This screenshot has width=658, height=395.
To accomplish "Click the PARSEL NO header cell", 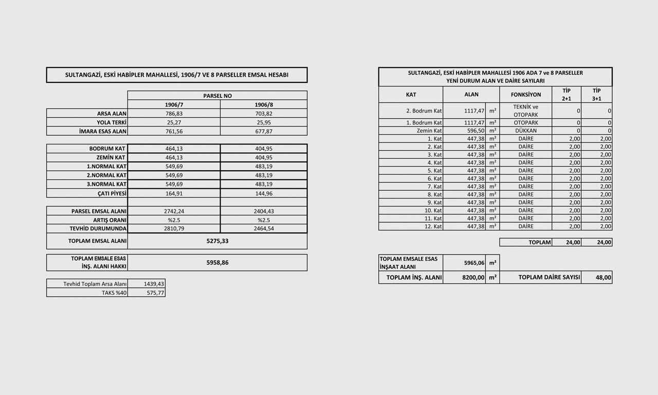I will [217, 96].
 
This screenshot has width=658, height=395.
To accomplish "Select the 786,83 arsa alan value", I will [174, 114].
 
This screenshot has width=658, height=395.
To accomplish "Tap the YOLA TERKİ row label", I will [112, 122].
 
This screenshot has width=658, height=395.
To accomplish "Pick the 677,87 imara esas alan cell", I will [264, 131].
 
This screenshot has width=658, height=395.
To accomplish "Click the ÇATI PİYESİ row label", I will [108, 193].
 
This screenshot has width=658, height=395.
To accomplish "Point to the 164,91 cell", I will [174, 193].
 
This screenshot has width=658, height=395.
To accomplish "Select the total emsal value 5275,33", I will [217, 241].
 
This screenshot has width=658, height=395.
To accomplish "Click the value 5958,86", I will [217, 262].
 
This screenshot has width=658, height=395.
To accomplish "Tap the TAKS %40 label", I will [114, 293].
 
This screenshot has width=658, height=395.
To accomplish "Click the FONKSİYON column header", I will [526, 95].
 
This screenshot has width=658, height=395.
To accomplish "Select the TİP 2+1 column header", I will [566, 95].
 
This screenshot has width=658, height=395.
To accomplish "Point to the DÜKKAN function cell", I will [526, 131].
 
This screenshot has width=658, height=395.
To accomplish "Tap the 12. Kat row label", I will [433, 226].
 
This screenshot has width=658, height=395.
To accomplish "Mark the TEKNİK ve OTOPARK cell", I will [526, 111].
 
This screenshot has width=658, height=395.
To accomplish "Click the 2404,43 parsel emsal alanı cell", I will [264, 211].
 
